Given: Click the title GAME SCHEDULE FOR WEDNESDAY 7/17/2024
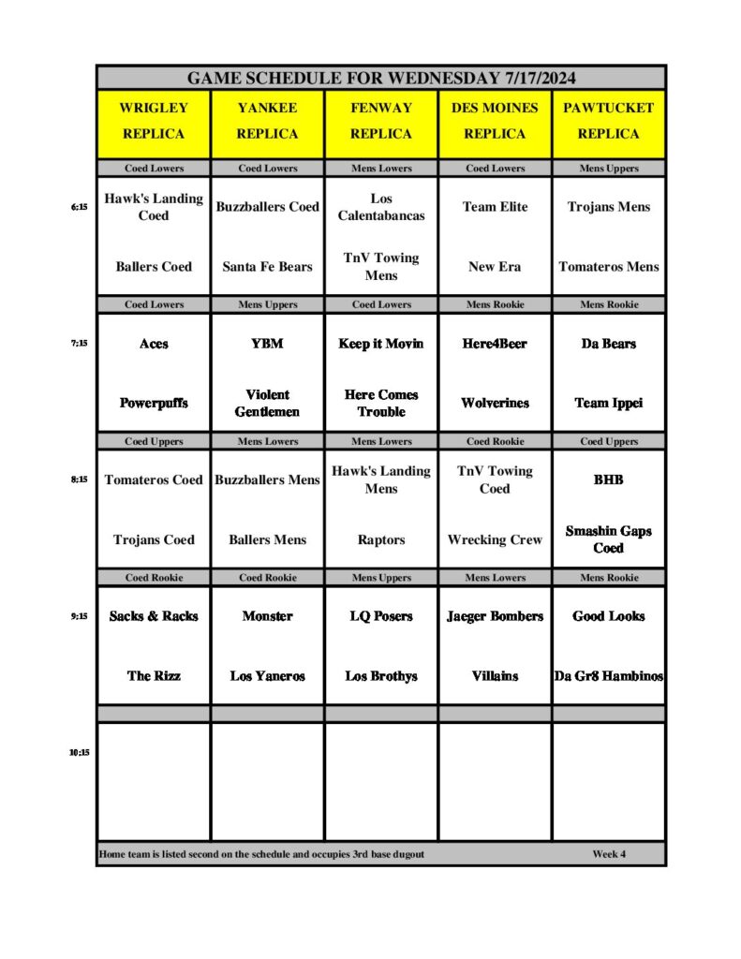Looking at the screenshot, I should point(381,78).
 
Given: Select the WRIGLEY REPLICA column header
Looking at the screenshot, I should point(154,121).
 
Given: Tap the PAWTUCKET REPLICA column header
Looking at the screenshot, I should point(608,121).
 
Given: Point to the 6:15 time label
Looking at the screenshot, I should point(79,208).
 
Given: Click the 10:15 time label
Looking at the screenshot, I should point(79,752).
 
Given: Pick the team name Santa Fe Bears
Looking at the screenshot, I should point(267,267).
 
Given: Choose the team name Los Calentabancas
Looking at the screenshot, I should point(381,207).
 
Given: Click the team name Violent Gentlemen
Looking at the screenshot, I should point(267,403).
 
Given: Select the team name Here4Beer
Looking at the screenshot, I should point(495,344).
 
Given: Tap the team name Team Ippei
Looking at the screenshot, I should point(608,403).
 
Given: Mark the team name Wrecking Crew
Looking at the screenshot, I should point(495,539).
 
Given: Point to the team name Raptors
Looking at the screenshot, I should point(381,539).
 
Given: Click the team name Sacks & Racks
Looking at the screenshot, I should point(154,616).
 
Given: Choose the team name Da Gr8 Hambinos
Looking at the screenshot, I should point(608,675).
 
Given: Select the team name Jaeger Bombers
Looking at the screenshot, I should point(495,616).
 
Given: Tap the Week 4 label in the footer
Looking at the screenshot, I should point(609,854).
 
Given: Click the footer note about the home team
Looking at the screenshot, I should point(261,854).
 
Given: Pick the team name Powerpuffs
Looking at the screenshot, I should point(154,403).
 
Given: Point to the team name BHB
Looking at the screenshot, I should point(608,479).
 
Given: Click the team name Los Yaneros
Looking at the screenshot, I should point(267,675).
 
